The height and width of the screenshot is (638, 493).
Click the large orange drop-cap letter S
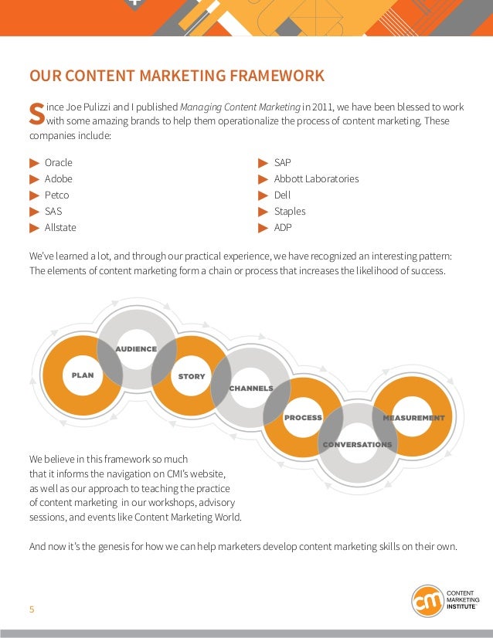click(36, 114)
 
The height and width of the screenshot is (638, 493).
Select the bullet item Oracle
click(59, 163)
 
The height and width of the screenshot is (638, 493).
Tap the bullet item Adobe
click(59, 179)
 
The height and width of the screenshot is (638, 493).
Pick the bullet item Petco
click(57, 195)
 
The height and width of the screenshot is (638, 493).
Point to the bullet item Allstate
click(60, 228)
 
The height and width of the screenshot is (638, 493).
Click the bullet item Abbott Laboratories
click(316, 179)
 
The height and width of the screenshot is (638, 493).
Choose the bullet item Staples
click(290, 212)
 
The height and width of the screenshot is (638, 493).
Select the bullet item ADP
click(283, 228)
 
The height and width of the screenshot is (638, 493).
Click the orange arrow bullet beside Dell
click(263, 195)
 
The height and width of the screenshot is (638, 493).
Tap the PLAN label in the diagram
click(83, 375)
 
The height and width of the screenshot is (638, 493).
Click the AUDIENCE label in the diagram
click(136, 349)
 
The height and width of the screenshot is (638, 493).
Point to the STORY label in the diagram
click(192, 377)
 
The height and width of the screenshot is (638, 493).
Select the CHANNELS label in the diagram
click(251, 388)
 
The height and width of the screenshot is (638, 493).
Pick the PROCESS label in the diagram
click(303, 418)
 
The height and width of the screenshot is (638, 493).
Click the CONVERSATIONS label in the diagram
click(357, 445)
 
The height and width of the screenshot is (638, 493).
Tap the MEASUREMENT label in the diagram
click(414, 418)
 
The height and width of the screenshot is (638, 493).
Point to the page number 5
click(32, 609)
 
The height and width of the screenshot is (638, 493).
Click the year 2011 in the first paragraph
click(324, 107)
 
